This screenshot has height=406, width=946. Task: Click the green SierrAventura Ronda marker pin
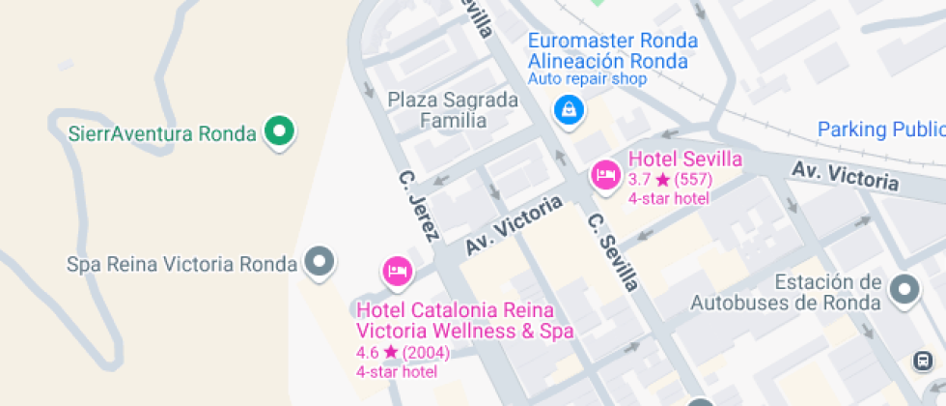point(280,131)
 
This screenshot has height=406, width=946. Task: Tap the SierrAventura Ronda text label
point(162,133)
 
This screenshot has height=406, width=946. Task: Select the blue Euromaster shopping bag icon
point(569,108)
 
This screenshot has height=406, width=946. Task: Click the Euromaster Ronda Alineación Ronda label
point(613,51)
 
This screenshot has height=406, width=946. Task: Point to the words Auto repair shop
point(587,79)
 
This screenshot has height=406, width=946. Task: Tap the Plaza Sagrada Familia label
point(453,110)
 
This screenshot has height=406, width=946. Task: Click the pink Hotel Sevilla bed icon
point(605,175)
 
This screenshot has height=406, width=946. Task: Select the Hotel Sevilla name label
point(685,159)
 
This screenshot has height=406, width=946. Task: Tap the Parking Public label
point(879,130)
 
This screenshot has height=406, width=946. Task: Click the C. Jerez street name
point(420,205)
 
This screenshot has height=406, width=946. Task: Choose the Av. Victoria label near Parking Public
point(846,176)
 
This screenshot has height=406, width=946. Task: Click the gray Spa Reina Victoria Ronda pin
point(320,261)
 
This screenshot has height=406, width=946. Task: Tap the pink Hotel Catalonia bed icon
point(397,272)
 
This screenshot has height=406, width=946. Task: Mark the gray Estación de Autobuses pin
point(904,288)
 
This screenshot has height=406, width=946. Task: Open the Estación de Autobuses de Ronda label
point(786,293)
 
